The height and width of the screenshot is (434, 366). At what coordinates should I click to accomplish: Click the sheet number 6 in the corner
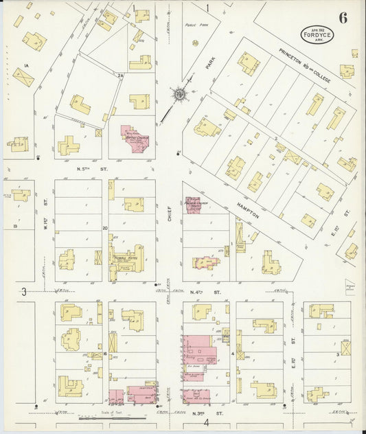(x=342, y=18)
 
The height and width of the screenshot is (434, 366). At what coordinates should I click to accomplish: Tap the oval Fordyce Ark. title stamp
(x=317, y=34)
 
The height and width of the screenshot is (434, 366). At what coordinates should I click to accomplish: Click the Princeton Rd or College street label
(x=305, y=66)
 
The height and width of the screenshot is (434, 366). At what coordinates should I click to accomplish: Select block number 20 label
(x=104, y=227)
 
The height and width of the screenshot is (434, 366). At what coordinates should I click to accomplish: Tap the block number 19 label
(x=14, y=225)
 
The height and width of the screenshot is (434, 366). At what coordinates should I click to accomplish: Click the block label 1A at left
(x=26, y=65)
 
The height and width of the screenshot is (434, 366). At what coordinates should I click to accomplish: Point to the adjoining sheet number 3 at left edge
(x=23, y=292)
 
